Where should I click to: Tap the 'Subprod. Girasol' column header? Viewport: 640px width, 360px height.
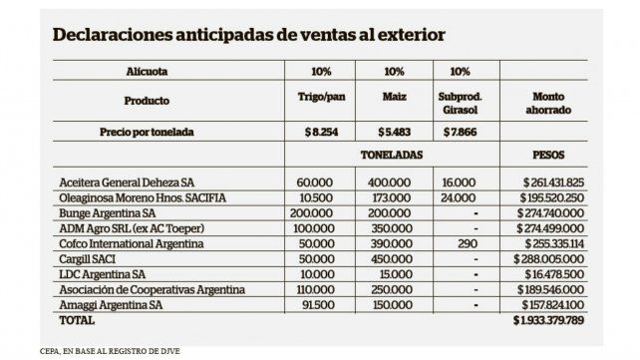(x=460, y=101)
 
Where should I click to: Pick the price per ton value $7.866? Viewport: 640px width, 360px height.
(x=460, y=132)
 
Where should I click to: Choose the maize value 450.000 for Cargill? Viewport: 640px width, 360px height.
(x=395, y=257)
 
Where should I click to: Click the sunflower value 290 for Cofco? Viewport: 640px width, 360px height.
(x=460, y=242)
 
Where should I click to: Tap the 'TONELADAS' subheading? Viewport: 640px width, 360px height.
(x=392, y=157)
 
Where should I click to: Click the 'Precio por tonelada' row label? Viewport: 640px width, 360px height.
(x=147, y=132)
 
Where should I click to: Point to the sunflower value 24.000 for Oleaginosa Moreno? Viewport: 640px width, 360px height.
(x=460, y=197)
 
